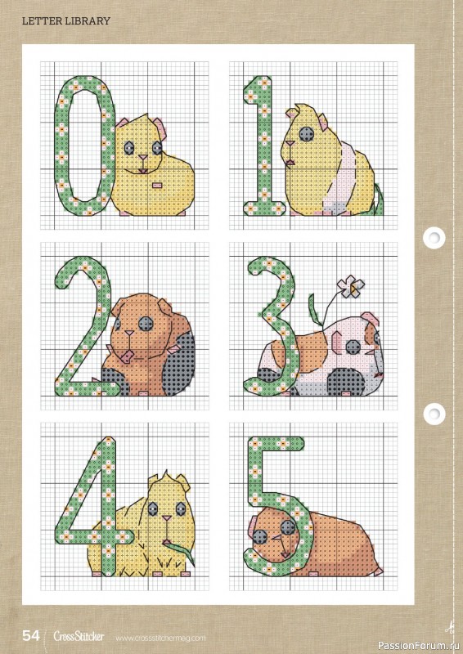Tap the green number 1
point(263,147)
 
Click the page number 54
point(31,635)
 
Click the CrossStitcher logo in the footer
point(79,636)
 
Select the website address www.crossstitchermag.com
point(160,637)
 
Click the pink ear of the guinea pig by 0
point(161,129)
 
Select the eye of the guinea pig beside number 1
point(305,133)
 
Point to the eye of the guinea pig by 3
point(352,347)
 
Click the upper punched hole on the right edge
point(433,238)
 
